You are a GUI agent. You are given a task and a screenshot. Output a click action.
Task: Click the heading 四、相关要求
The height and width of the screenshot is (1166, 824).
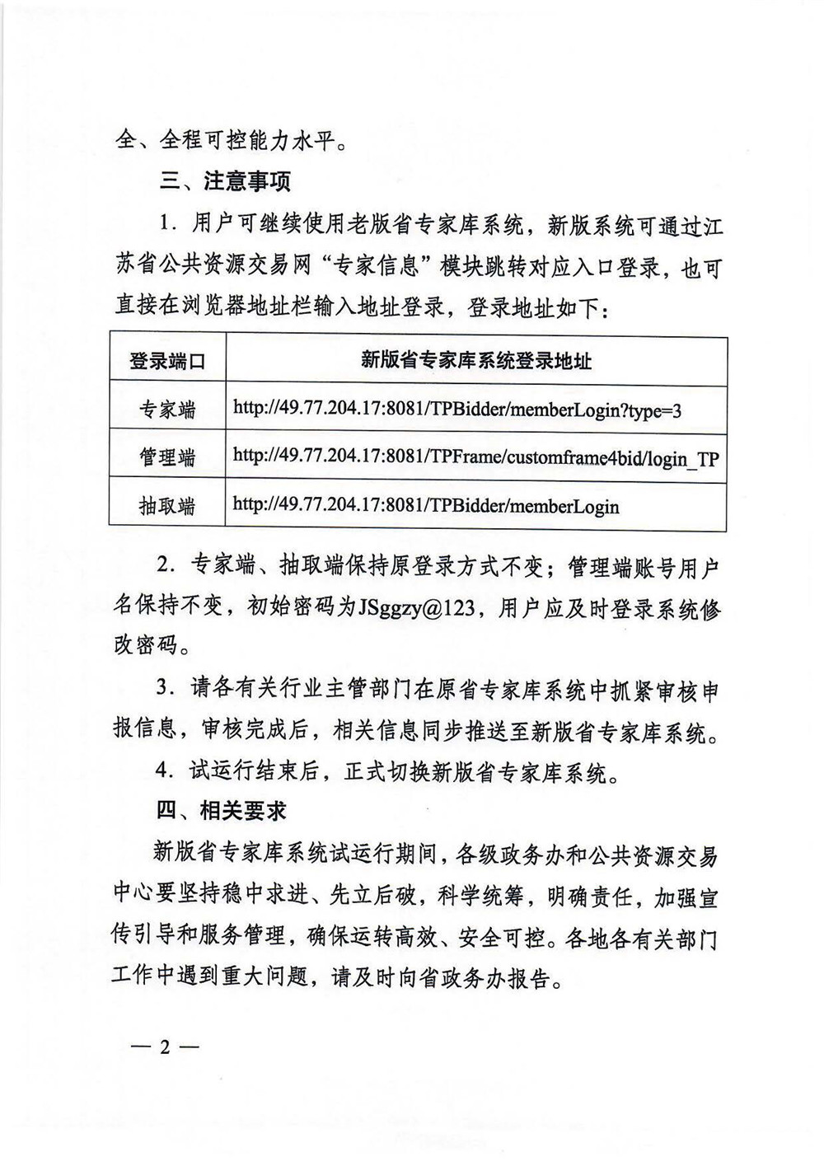[x=221, y=811]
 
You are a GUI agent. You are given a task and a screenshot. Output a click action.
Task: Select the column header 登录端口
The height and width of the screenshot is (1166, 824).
[x=166, y=361]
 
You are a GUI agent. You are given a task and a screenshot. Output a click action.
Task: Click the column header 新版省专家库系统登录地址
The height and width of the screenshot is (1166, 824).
[x=475, y=360]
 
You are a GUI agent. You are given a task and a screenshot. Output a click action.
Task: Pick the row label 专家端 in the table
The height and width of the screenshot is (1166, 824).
[x=166, y=410]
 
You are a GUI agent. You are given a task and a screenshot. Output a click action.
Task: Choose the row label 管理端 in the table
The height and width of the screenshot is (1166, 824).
[x=166, y=457]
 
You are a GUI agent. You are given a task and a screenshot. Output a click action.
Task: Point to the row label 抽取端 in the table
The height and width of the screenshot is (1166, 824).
[x=166, y=506]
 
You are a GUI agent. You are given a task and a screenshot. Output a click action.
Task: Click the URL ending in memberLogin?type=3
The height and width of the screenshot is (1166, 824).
[x=457, y=410]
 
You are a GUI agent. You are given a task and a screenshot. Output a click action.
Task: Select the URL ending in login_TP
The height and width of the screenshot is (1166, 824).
[x=475, y=457]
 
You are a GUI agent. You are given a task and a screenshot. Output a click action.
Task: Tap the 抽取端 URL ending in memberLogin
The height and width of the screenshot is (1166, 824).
[x=426, y=505]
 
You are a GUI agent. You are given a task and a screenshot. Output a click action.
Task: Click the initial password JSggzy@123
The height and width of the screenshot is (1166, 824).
[x=417, y=607]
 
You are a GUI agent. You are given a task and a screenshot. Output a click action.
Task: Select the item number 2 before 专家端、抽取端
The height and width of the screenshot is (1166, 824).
[x=165, y=568]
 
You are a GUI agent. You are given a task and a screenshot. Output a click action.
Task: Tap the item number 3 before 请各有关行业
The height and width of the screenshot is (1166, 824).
[x=165, y=690]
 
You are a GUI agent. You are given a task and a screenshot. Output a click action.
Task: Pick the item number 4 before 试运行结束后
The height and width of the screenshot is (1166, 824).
[x=165, y=772]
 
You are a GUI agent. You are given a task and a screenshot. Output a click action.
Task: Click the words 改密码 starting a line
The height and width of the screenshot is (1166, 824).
[x=146, y=645]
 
